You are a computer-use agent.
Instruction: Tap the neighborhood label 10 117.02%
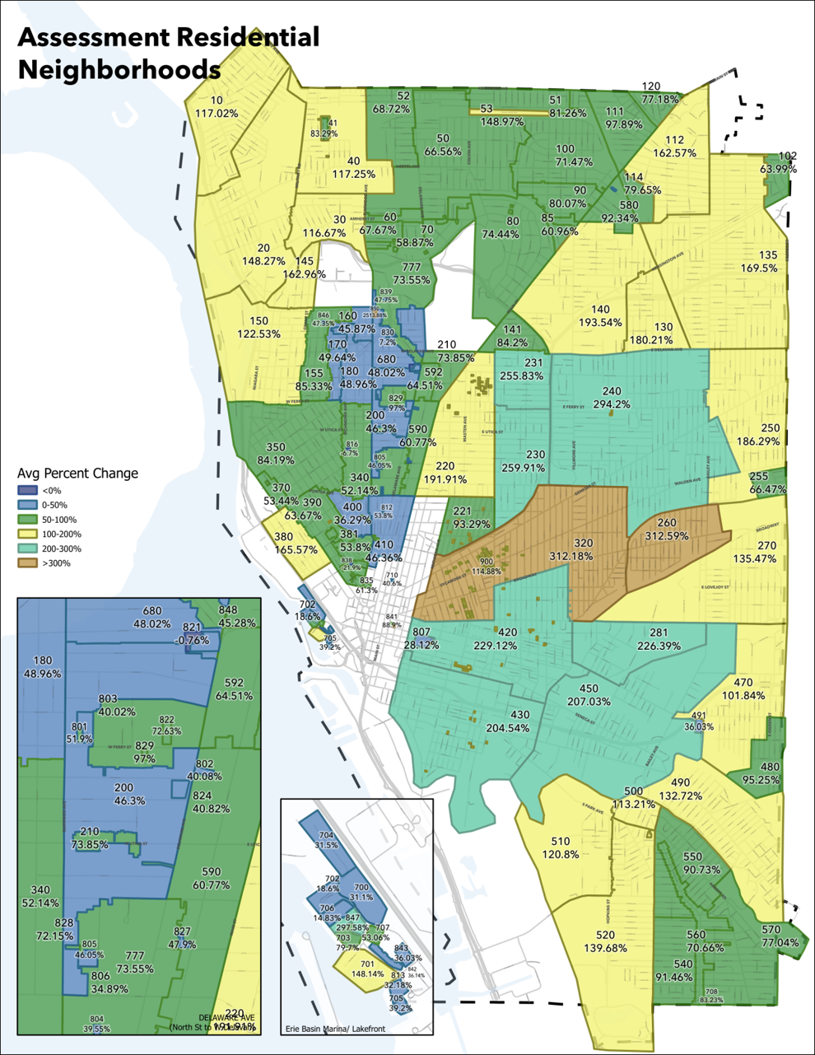[x=217, y=107]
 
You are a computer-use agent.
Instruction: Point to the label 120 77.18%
[x=659, y=92]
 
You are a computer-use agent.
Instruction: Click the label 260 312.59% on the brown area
[x=666, y=530]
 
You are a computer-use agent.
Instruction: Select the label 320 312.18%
[x=583, y=549]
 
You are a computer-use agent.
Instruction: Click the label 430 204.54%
[x=508, y=721]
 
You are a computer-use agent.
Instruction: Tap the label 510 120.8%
[x=560, y=847]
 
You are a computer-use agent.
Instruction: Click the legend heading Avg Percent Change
[x=77, y=474]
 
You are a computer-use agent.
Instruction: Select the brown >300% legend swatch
[x=26, y=563]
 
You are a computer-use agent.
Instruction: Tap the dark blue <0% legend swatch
[x=26, y=490]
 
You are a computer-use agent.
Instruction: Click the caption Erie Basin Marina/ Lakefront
[x=334, y=1029]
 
